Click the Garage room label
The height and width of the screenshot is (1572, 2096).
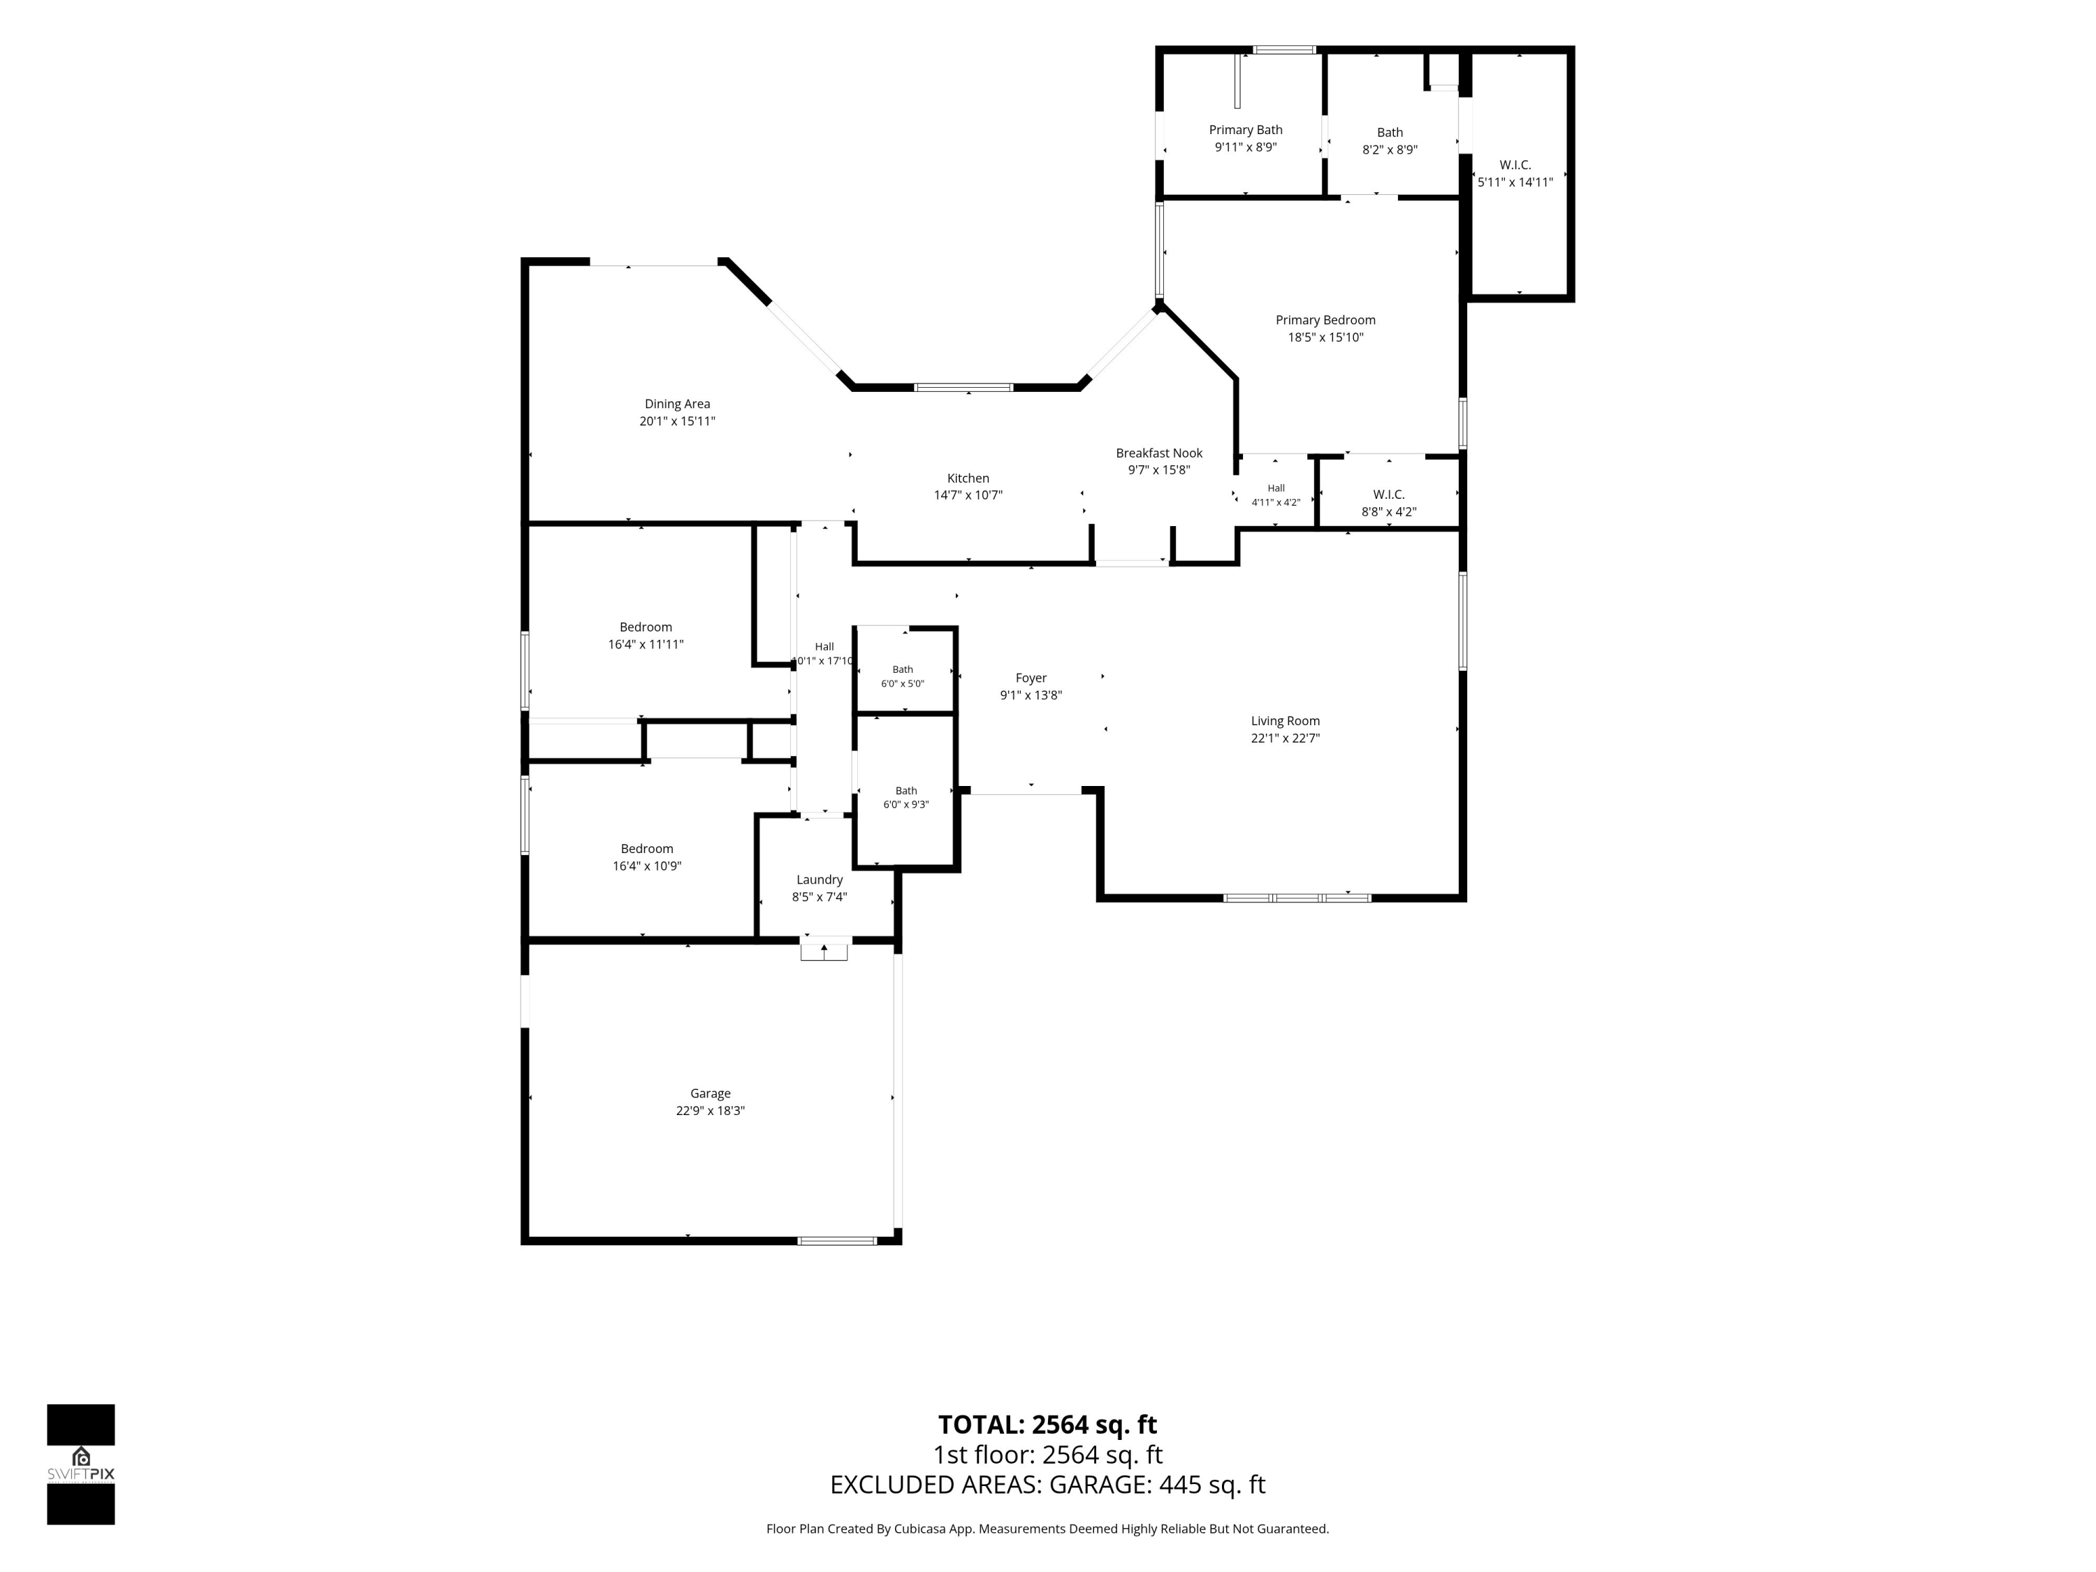tap(710, 1093)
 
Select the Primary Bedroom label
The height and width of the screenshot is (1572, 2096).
tap(1325, 320)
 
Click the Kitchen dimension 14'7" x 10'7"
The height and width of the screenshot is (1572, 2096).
tap(968, 495)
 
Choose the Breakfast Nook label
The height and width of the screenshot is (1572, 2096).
tap(1159, 453)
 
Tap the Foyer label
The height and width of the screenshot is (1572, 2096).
tap(1031, 678)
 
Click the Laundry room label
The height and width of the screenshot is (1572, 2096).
tap(820, 880)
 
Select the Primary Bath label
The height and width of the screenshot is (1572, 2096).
tap(1245, 130)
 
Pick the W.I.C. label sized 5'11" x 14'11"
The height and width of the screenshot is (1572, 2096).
tap(1515, 165)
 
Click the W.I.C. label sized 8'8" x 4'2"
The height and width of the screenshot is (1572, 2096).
tap(1388, 495)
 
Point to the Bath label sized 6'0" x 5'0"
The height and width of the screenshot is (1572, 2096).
tap(902, 670)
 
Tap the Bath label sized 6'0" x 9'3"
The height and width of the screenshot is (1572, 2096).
tap(906, 791)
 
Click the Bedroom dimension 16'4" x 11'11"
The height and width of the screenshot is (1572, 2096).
tap(646, 644)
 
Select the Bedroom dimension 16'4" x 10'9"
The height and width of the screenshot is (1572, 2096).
tap(646, 866)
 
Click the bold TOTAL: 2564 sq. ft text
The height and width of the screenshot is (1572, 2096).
tap(1047, 1425)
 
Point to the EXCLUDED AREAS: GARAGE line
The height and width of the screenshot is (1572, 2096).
tap(1047, 1485)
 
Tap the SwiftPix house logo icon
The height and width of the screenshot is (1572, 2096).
tap(80, 1457)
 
